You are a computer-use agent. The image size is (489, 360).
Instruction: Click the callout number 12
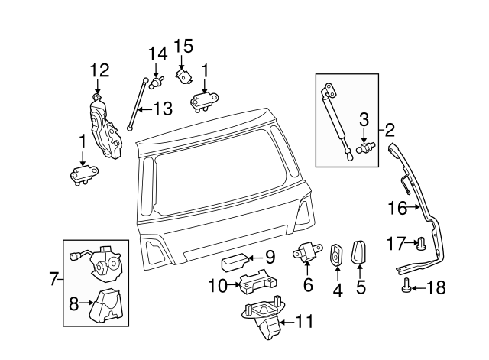click(x=99, y=70)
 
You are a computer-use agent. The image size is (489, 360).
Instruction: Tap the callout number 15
click(x=183, y=46)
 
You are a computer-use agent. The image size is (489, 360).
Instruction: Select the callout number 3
click(x=364, y=119)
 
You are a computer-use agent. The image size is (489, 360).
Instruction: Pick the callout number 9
click(x=269, y=257)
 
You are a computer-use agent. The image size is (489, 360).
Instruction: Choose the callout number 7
click(x=53, y=279)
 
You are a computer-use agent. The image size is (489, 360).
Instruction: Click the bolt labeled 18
click(x=406, y=287)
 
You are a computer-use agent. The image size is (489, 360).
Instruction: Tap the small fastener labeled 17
click(x=419, y=245)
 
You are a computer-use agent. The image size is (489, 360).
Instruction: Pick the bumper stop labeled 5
click(x=361, y=253)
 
